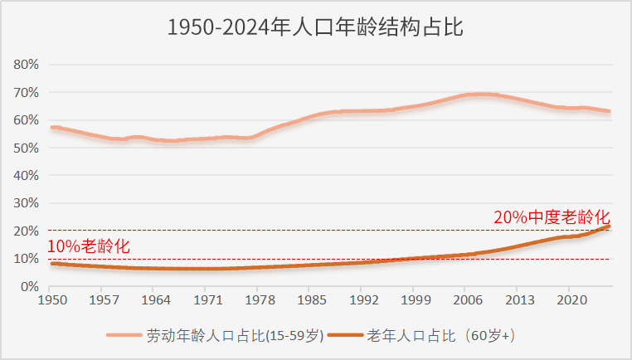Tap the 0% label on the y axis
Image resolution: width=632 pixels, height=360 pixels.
[30, 286]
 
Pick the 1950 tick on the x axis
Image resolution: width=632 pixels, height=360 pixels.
[52, 300]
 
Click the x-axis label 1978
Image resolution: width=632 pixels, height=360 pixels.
[260, 300]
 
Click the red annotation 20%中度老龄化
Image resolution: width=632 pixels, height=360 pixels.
[552, 218]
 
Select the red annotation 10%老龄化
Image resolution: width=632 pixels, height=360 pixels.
[88, 246]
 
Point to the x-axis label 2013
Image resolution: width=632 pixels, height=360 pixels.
[519, 300]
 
